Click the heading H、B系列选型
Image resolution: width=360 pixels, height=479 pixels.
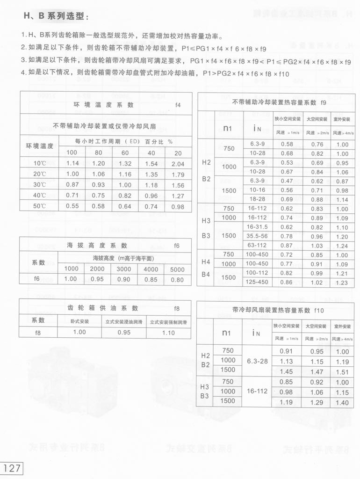pos(56,16)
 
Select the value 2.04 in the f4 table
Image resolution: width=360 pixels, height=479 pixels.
pos(178,164)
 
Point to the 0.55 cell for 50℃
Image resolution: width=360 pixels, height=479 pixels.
pos(72,206)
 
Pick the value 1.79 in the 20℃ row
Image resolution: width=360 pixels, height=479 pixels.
pos(178,174)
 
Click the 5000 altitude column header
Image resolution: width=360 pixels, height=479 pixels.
pos(177,269)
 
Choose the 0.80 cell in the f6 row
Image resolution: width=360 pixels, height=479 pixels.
pos(177,279)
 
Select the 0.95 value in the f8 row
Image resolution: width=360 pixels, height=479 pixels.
pos(124,332)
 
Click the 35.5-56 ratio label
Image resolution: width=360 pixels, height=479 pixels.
pos(258,236)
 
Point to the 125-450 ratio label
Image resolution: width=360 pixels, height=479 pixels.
pos(258,282)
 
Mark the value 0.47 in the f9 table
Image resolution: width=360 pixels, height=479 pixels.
pos(287,181)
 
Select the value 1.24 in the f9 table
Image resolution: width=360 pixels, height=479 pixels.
pos(342,246)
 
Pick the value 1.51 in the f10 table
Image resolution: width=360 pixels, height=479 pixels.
pos(342,372)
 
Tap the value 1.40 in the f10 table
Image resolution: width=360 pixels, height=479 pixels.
pos(342,402)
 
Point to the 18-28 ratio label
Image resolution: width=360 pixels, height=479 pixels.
pos(258,199)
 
